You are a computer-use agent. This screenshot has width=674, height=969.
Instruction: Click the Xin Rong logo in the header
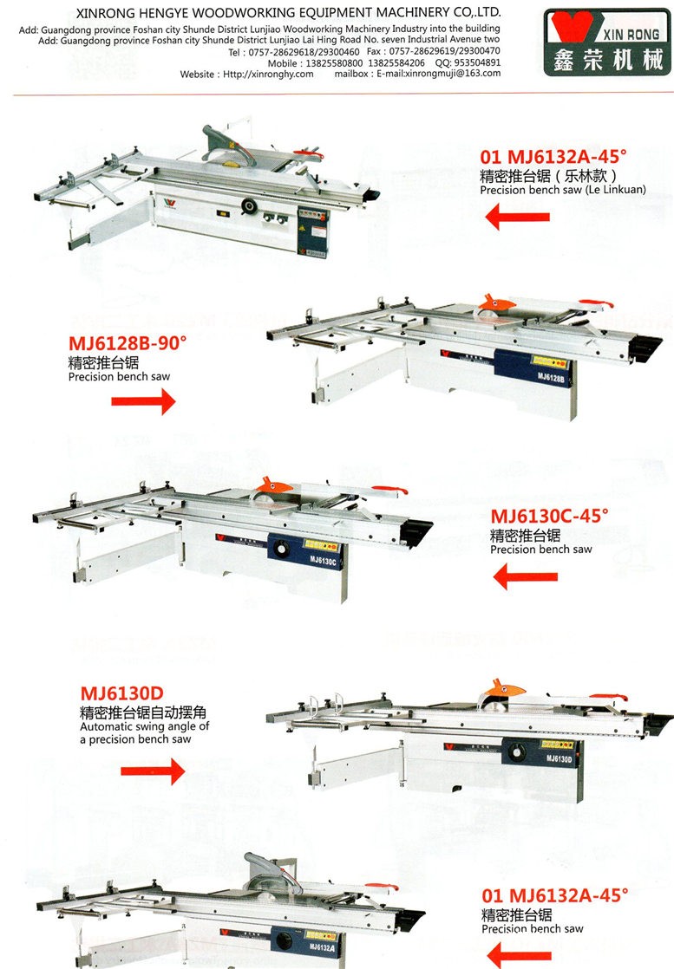606,42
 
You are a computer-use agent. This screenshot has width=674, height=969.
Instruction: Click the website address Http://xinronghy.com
268,75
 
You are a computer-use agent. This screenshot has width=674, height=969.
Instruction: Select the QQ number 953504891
478,62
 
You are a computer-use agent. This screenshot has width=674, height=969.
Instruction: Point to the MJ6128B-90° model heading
128,343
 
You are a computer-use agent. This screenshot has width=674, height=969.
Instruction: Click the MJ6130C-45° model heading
550,516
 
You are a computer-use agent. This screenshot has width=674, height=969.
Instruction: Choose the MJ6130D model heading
121,693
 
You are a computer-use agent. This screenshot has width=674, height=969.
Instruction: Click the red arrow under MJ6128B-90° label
143,401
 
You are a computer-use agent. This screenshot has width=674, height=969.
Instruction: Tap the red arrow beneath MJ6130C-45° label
526,576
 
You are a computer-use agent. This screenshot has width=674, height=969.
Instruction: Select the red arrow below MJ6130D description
153,771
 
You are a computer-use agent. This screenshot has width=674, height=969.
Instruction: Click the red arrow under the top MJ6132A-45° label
518,217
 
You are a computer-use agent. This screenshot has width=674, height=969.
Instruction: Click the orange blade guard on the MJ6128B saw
496,302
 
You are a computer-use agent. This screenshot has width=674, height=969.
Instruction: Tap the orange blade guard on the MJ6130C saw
275,485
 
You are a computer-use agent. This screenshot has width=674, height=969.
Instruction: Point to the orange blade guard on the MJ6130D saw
504,688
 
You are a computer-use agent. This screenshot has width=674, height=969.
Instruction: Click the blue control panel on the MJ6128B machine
532,369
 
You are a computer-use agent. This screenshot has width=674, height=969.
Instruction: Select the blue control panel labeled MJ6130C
304,552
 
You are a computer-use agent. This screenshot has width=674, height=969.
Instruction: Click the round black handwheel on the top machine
250,206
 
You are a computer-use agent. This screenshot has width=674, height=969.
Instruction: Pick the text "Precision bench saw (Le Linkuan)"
563,190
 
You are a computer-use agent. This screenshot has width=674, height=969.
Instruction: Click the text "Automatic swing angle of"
145,726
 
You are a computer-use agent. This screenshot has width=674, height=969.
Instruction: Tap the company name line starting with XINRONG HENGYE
288,12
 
